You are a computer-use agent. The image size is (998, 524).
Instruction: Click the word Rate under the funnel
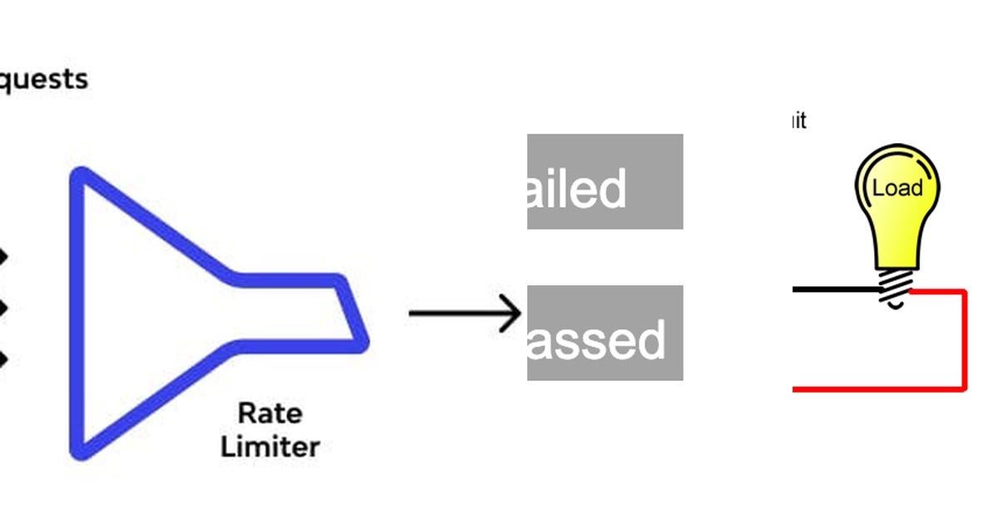pos(270,413)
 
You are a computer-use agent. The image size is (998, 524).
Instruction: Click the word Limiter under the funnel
pos(270,447)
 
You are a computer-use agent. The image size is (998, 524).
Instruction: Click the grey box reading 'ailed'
pos(605,181)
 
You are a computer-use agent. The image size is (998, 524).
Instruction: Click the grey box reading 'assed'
pos(605,333)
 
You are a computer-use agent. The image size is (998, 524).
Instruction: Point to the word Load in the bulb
pos(897,188)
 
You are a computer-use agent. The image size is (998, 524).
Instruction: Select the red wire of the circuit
pos(964,341)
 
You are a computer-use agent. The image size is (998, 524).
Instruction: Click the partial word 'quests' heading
pos(42,80)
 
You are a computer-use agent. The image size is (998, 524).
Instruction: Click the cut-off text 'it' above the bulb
pos(798,121)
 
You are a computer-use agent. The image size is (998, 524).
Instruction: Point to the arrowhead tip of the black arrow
pos(520,314)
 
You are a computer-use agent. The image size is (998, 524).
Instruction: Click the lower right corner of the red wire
pos(964,388)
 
